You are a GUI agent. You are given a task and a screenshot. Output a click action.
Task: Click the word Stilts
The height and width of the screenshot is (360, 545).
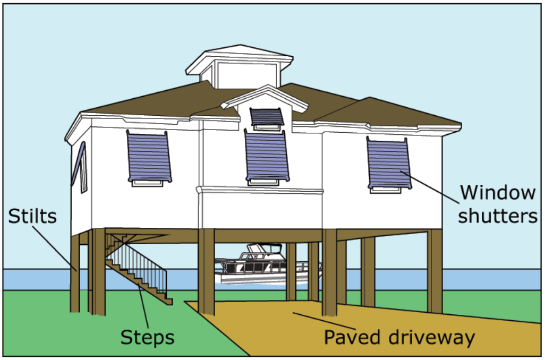pos(32,216)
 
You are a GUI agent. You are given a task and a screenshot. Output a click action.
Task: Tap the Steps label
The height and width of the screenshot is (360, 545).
pos(147,337)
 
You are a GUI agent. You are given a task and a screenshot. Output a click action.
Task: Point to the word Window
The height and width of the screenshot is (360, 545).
pos(498,193)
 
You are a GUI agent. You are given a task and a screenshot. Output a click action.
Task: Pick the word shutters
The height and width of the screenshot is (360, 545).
pos(498,216)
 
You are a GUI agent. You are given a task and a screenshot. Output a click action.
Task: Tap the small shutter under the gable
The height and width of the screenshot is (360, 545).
pos(267,117)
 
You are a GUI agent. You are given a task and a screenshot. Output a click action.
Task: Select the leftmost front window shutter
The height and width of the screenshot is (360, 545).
pos(149,157)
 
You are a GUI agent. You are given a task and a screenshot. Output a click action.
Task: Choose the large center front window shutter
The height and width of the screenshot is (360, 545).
pos(266,156)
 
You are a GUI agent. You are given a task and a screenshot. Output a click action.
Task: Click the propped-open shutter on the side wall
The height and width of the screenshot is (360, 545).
pos(79,164)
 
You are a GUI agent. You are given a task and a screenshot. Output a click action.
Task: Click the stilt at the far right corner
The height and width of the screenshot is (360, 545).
pos(435,271)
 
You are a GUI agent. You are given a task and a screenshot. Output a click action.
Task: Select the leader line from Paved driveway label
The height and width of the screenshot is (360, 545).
pos(324,321)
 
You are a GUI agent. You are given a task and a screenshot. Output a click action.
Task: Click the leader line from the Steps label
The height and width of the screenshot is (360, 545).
pos(143,306)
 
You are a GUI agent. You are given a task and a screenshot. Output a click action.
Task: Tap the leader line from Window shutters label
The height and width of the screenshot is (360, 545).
pos(430,187)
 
